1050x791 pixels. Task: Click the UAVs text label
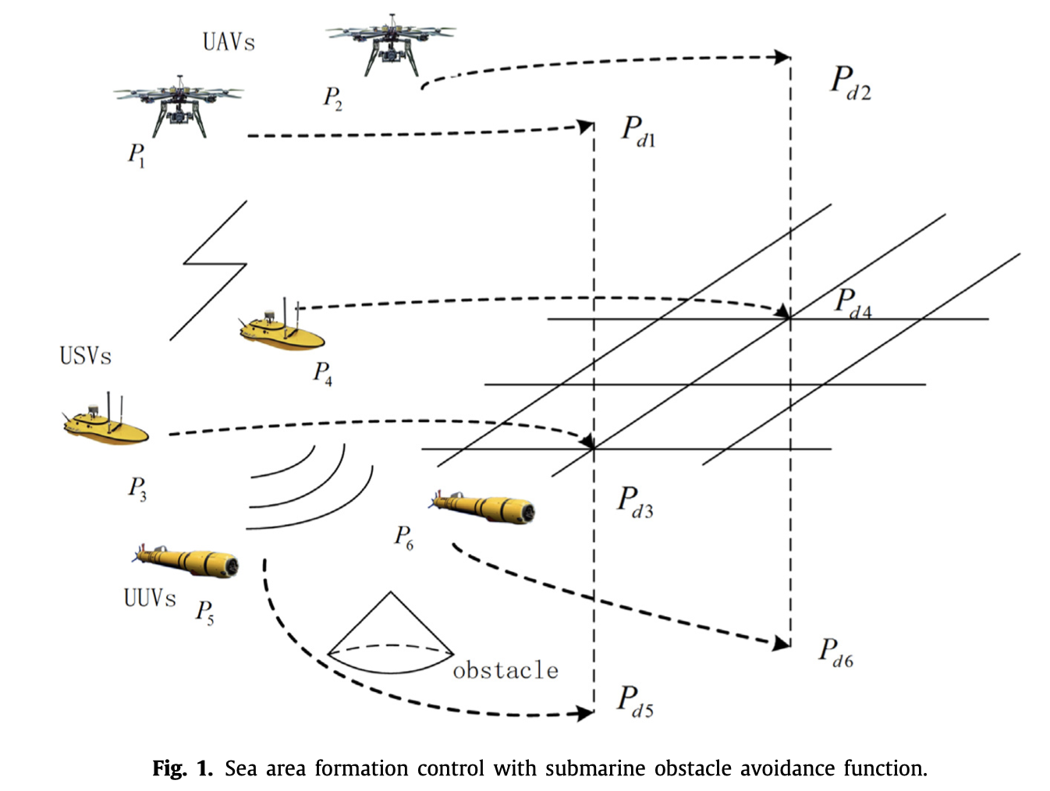[229, 41]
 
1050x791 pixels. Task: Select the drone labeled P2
[391, 43]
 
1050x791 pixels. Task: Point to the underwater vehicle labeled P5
[187, 559]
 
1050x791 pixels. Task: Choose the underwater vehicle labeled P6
[484, 507]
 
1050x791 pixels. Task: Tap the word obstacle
[505, 670]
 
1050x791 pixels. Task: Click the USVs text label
[86, 356]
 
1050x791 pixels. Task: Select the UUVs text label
[150, 598]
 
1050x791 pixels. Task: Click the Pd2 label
[850, 82]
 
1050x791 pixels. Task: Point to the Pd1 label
[638, 130]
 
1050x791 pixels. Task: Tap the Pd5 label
[635, 701]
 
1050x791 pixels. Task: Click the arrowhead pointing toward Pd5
[584, 712]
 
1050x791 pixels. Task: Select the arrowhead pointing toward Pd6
[781, 644]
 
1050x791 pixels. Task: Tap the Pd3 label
[635, 502]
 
